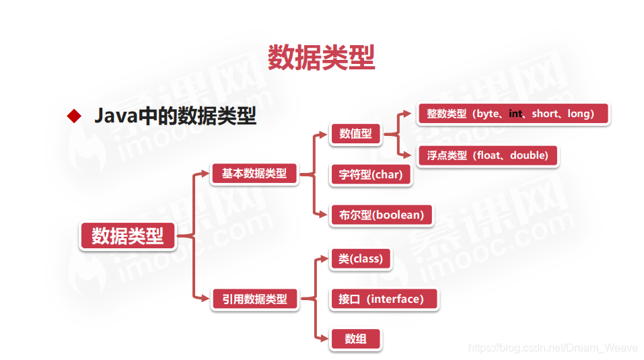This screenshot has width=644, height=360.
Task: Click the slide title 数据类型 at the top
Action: click(321, 57)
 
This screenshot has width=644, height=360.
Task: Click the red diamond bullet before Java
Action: click(73, 116)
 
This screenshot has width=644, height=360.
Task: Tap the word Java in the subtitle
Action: click(115, 116)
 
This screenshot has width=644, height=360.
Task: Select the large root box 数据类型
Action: click(127, 236)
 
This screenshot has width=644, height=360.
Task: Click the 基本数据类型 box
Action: click(254, 174)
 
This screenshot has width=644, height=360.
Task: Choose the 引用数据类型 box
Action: click(254, 299)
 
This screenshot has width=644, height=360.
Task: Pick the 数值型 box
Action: click(355, 133)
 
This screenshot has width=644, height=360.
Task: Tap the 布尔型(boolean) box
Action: click(381, 215)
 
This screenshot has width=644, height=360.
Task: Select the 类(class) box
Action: click(360, 258)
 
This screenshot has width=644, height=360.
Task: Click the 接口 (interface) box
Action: click(384, 299)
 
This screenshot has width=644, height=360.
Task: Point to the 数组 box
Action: click(355, 339)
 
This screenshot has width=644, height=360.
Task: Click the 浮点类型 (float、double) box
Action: click(487, 155)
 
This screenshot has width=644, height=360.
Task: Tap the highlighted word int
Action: click(515, 114)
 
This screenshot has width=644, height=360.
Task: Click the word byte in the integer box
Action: click(488, 114)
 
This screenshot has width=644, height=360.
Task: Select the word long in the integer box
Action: click(578, 114)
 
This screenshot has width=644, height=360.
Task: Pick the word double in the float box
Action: click(529, 155)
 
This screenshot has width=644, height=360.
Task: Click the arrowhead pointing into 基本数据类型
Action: click(205, 174)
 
